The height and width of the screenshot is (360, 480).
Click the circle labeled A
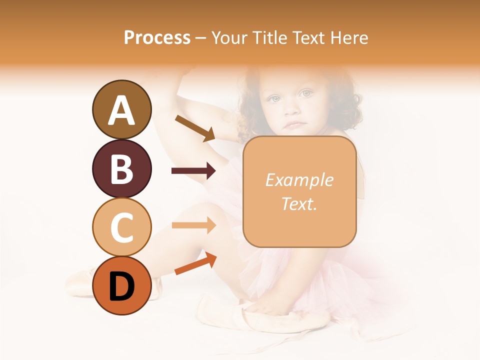tap(121, 109)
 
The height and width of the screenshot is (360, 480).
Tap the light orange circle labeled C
tap(121, 227)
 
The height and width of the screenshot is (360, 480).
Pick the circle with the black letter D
tap(121, 285)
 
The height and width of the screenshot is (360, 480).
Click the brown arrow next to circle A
tap(194, 128)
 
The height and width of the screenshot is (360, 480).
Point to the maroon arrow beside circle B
tap(193, 171)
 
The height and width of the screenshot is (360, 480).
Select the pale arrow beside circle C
tap(193, 225)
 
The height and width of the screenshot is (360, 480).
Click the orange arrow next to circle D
tap(195, 263)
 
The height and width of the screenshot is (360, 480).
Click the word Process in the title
tap(157, 38)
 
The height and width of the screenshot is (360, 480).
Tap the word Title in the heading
tap(269, 38)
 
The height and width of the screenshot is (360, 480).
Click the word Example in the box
tap(299, 180)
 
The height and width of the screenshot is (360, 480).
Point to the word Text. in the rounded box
tap(299, 203)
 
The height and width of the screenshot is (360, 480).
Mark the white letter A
tap(121, 110)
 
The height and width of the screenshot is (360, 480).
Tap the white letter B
tap(121, 168)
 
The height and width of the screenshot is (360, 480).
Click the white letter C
tap(121, 227)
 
